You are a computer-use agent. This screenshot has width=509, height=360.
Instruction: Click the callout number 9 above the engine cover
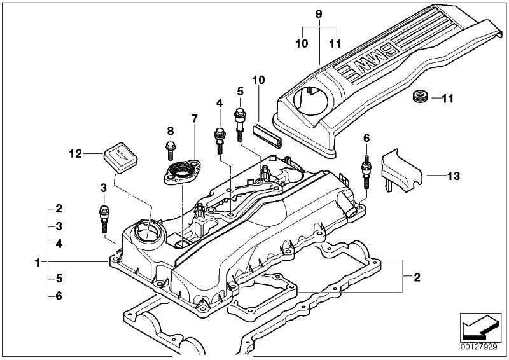[319, 13]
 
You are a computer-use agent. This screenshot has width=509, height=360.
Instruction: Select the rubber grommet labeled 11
[418, 97]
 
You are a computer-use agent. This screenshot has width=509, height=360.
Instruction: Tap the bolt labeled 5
[240, 123]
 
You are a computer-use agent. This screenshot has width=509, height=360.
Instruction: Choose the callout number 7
[195, 118]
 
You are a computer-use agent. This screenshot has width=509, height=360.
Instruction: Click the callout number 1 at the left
[38, 261]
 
